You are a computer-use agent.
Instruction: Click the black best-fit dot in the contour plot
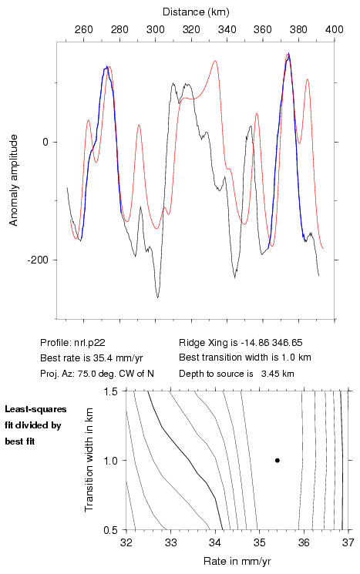point(278,460)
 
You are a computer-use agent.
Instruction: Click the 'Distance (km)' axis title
point(196,12)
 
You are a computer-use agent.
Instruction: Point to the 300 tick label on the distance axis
point(156,29)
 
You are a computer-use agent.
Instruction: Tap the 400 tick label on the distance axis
point(335,29)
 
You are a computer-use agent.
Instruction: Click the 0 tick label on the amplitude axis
point(45,142)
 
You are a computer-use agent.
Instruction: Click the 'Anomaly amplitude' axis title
point(14,180)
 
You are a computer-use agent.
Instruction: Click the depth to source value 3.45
point(269,374)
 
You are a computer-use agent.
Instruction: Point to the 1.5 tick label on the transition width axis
point(109,391)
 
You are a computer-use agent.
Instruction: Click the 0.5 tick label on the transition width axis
point(109,530)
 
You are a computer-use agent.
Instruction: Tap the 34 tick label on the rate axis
point(215,542)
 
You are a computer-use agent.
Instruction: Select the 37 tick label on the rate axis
point(348,542)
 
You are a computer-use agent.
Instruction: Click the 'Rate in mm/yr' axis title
point(237,561)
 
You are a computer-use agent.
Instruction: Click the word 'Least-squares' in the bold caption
point(36,409)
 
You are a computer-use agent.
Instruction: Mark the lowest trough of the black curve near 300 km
point(158,297)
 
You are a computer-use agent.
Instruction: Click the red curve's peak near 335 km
point(215,61)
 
